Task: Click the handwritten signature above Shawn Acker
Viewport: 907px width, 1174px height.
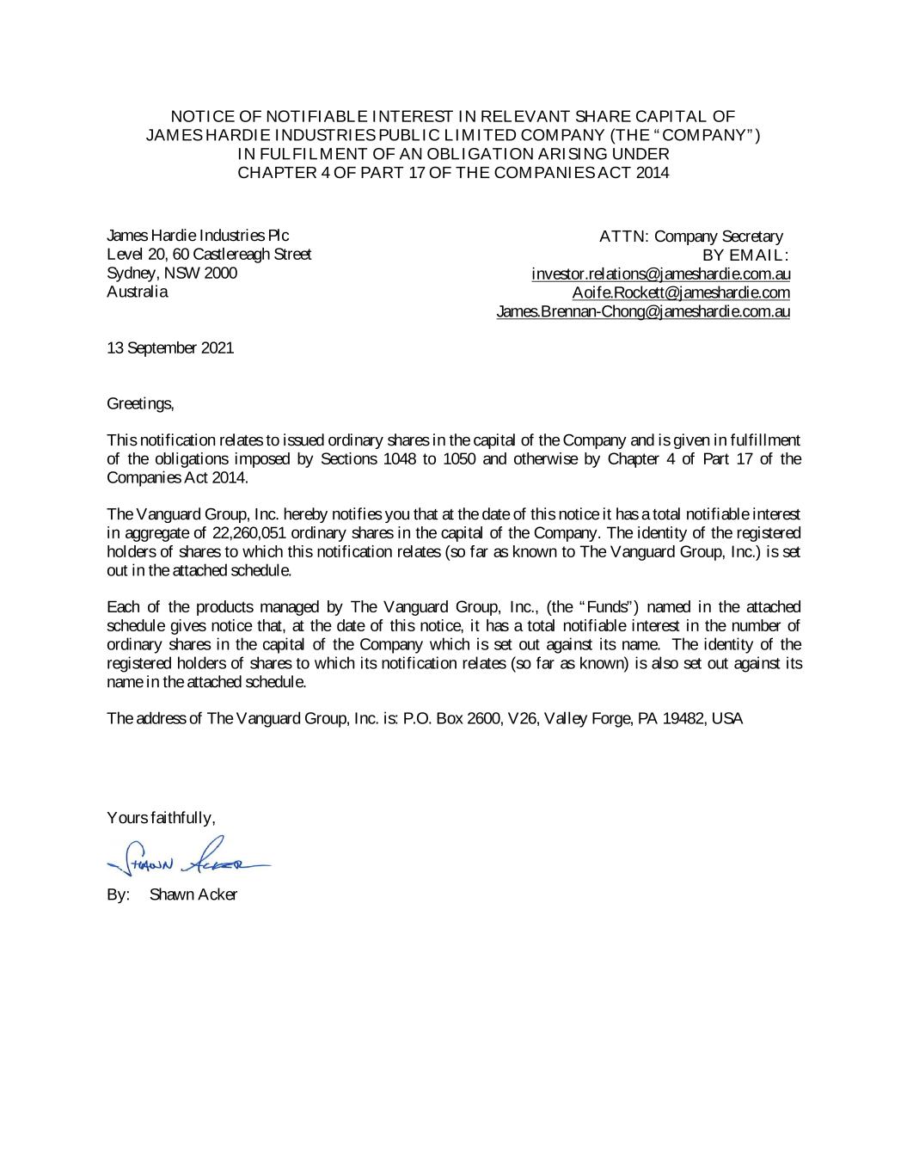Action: [x=185, y=857]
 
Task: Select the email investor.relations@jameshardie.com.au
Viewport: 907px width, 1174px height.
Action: [x=660, y=274]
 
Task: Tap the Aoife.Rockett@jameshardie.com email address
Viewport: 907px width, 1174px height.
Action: [x=681, y=293]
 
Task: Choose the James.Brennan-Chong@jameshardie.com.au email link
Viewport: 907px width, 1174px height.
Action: [x=643, y=312]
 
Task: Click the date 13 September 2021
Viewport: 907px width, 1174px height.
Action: [x=169, y=348]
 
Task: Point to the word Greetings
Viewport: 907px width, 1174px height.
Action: [x=140, y=403]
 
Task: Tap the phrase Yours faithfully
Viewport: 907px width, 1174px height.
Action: [x=160, y=817]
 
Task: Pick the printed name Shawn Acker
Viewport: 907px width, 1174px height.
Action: [x=193, y=894]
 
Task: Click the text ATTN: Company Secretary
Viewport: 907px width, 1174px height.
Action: [x=691, y=237]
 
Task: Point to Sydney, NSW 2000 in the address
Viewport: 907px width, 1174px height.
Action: [x=171, y=274]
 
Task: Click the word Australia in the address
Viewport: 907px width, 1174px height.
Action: [x=137, y=292]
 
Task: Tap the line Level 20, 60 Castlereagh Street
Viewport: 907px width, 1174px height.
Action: [x=209, y=255]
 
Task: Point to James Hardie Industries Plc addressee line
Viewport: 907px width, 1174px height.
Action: [x=198, y=236]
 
